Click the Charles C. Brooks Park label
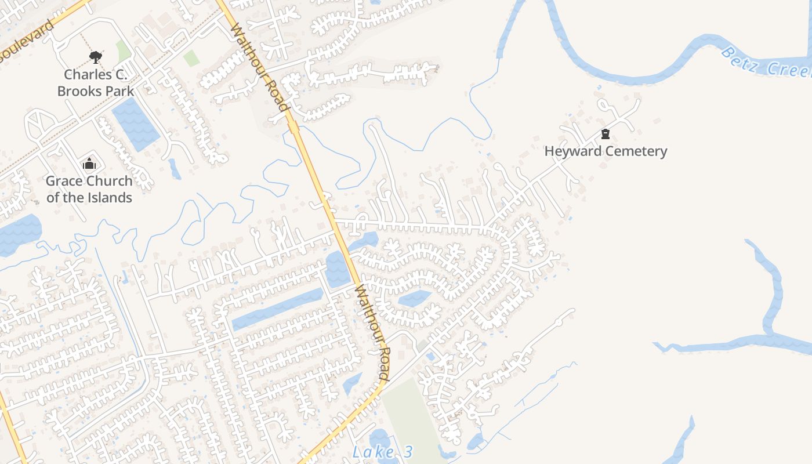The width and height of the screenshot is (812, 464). (x=96, y=82)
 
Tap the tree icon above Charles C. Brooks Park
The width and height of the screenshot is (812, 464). (x=95, y=57)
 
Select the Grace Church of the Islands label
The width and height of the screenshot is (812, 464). (x=89, y=189)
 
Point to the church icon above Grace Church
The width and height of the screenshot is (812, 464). (x=89, y=164)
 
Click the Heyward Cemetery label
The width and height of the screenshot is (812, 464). (x=606, y=151)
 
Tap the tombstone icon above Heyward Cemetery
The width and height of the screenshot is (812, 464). (x=606, y=134)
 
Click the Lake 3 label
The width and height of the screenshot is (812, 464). (x=383, y=452)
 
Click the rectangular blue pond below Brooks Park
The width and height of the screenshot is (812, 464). (x=135, y=124)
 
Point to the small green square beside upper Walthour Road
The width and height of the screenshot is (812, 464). (x=191, y=58)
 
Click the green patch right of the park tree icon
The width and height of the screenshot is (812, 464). (x=123, y=51)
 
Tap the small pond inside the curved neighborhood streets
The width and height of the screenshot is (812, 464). (x=415, y=299)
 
